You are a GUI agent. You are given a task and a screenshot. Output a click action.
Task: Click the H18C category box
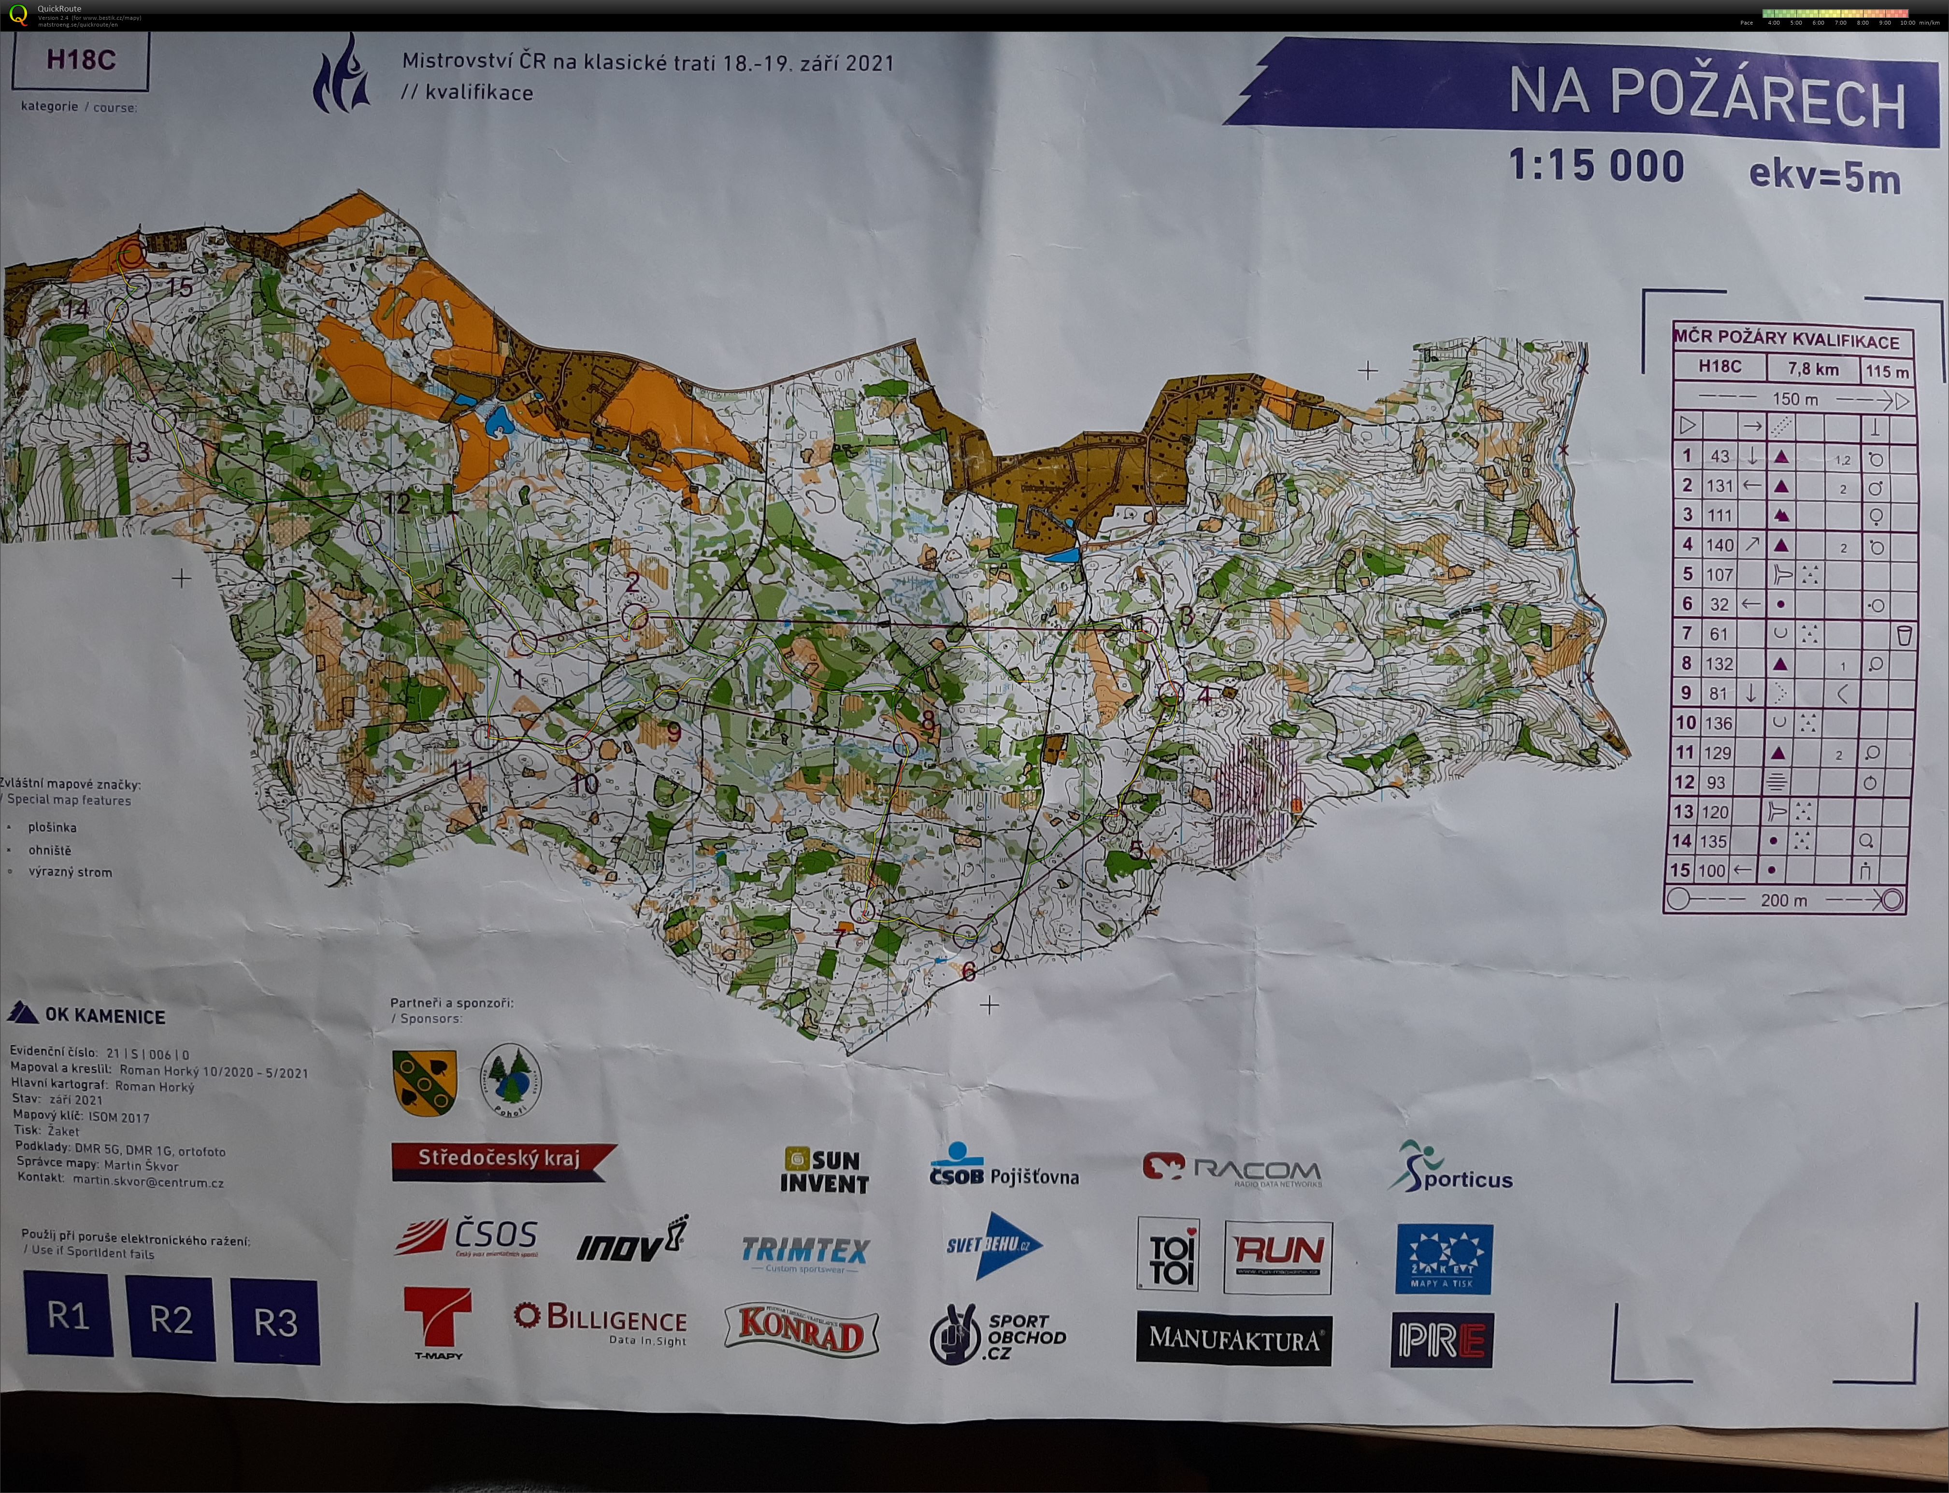coord(80,60)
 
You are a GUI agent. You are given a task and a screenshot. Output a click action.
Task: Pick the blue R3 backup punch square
coord(275,1322)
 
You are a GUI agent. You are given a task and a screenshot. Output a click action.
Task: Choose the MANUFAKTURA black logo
coord(1233,1338)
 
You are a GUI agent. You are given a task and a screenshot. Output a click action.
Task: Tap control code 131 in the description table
coord(1720,486)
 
